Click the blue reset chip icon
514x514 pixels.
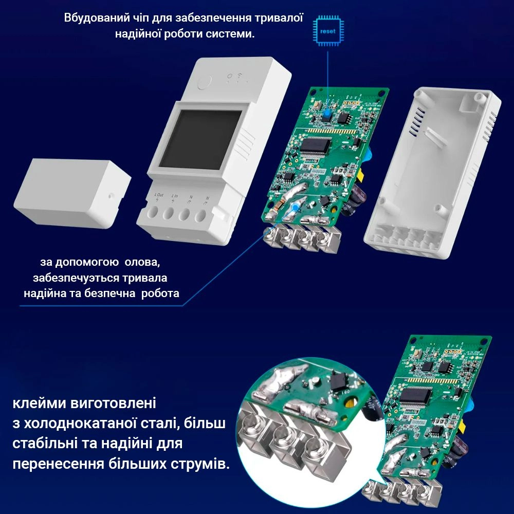point(327,31)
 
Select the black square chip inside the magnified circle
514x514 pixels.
point(337,381)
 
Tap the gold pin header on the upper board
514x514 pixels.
point(350,103)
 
